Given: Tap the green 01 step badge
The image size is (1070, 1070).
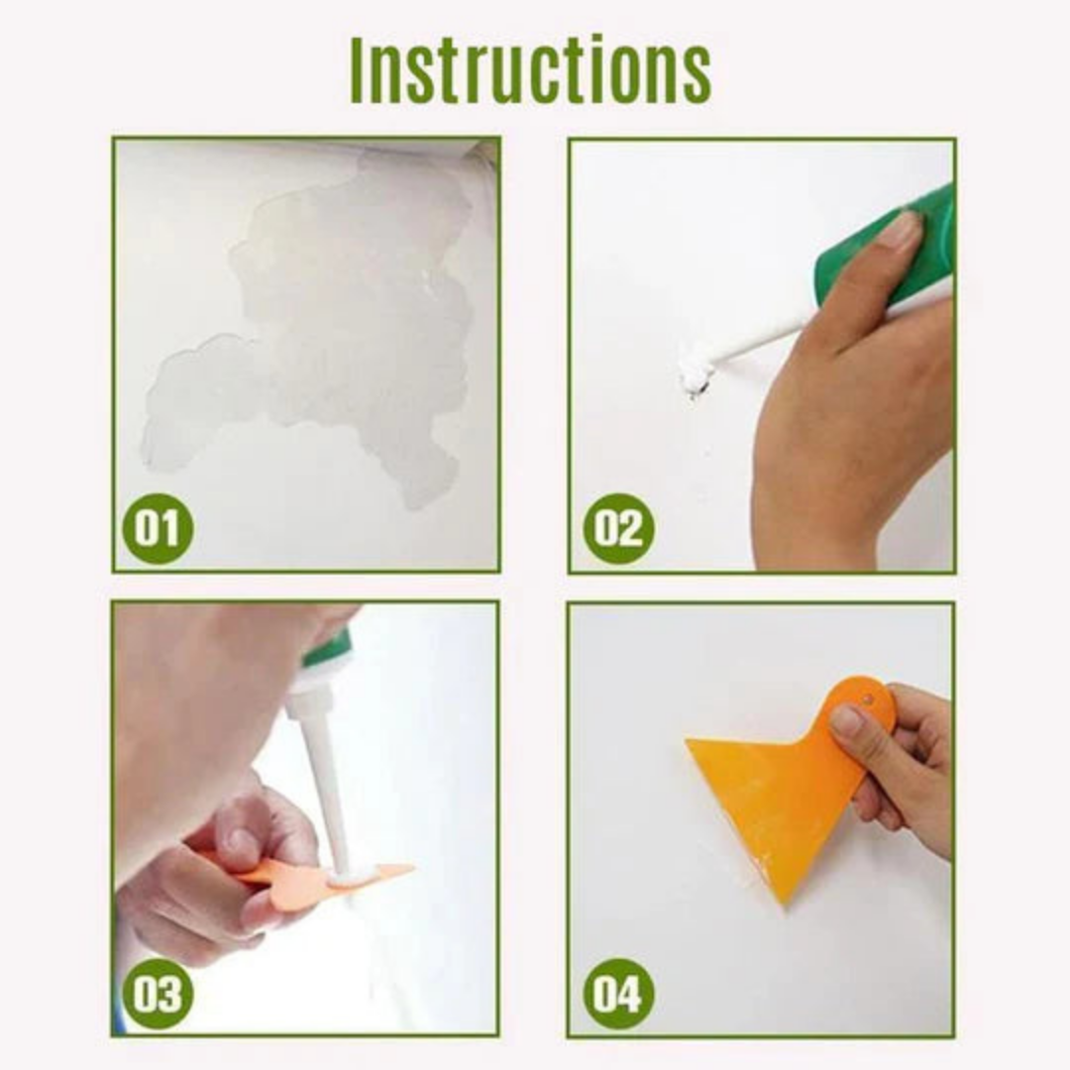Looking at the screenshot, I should pos(158,529).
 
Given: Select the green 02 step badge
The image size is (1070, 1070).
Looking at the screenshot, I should pos(618,528).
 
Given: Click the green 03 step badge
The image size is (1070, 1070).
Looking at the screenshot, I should pos(158,994).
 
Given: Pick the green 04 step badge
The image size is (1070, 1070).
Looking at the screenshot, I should pos(618,994).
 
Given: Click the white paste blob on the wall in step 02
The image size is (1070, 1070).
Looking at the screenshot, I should pos(695,374).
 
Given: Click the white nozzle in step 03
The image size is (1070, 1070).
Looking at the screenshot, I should pos(328,783).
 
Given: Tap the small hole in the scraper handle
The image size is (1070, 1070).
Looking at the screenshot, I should pos(868,698).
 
